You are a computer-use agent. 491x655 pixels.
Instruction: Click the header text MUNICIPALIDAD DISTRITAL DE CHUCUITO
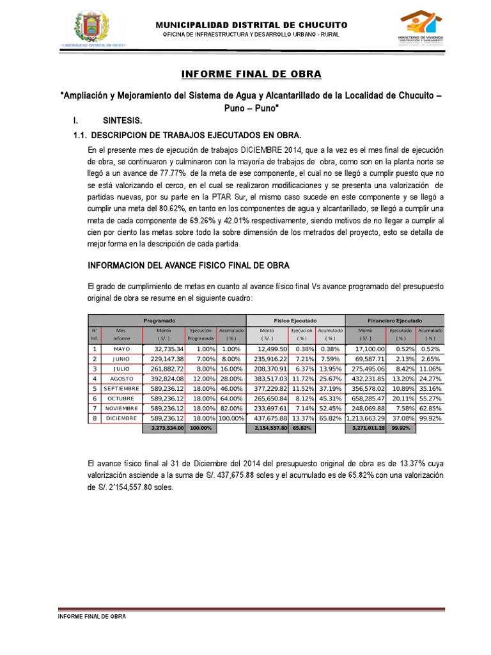tap(251, 24)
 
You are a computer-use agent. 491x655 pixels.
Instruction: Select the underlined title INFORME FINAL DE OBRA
tap(251, 74)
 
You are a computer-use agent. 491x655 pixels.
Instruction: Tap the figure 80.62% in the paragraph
tap(179, 209)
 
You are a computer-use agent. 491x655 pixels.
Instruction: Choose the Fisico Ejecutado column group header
tap(295, 320)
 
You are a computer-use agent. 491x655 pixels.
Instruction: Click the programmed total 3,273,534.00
tap(164, 428)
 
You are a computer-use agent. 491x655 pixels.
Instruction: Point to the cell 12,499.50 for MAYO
tap(270, 349)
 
